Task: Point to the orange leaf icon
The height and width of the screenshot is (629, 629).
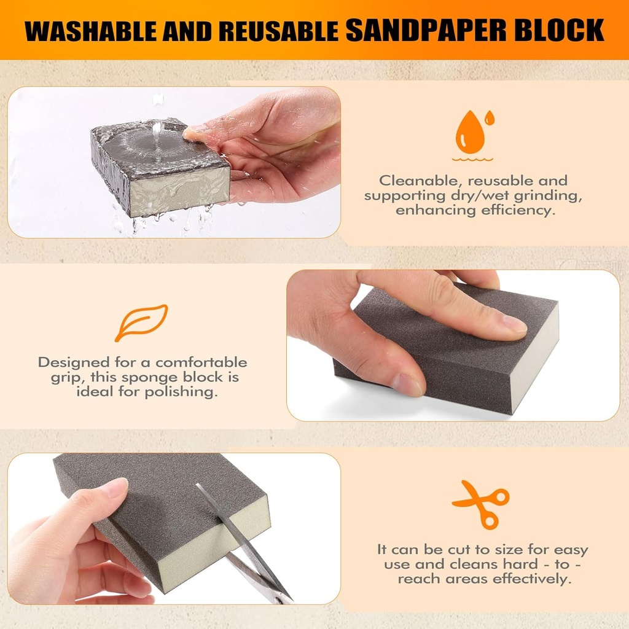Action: click(x=141, y=322)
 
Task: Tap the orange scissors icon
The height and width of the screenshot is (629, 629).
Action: click(x=480, y=502)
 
